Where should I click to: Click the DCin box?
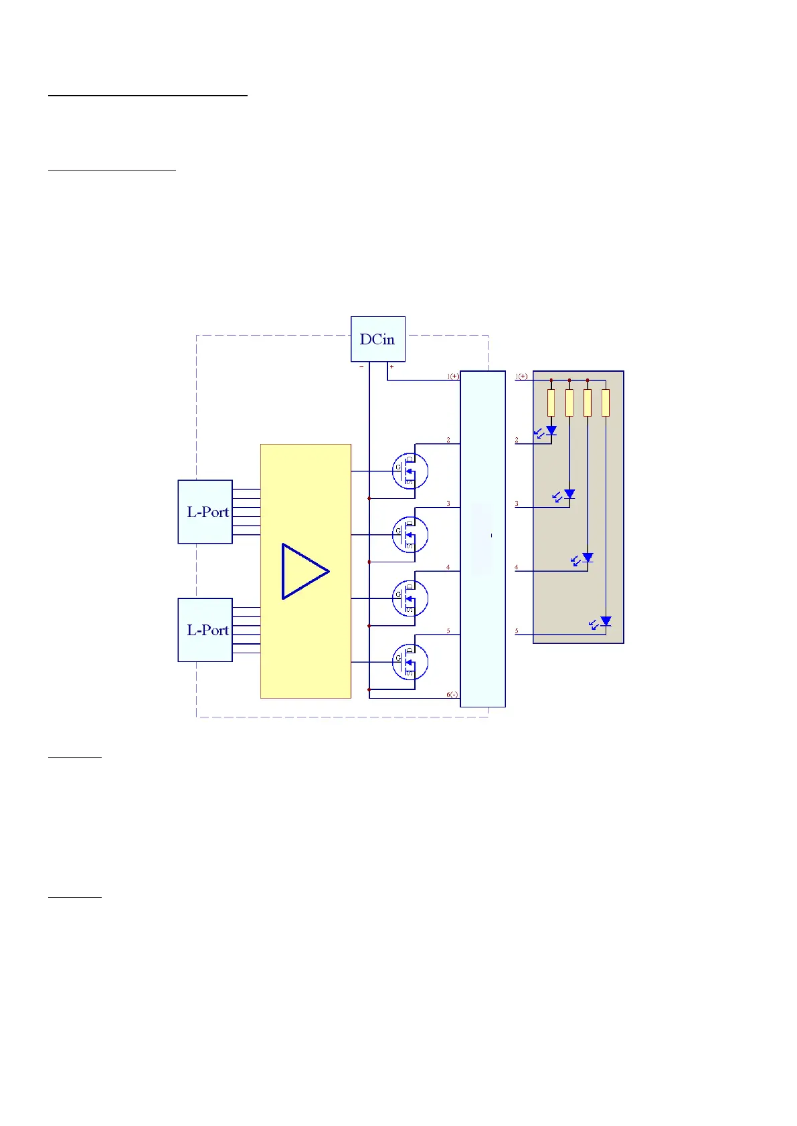pos(378,339)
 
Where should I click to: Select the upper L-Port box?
pos(205,512)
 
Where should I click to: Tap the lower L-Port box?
pos(205,630)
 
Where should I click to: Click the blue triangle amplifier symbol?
pos(304,571)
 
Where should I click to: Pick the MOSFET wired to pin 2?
pos(410,471)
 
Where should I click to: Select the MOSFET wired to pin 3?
pos(410,534)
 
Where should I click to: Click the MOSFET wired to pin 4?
pos(410,598)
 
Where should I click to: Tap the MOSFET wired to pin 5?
pos(410,662)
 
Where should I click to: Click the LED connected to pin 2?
pos(551,431)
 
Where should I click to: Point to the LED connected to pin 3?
pos(569,494)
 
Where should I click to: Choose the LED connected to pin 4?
pos(588,557)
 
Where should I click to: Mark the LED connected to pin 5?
pos(606,621)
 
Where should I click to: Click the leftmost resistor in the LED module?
pos(551,403)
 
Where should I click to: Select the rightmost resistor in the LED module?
pos(606,403)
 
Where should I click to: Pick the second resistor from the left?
pos(569,403)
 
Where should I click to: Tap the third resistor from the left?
pos(588,403)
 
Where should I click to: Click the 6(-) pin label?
pos(452,695)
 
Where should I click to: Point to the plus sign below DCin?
pos(391,366)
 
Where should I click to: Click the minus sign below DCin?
pos(361,366)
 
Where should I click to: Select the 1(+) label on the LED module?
pos(521,376)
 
